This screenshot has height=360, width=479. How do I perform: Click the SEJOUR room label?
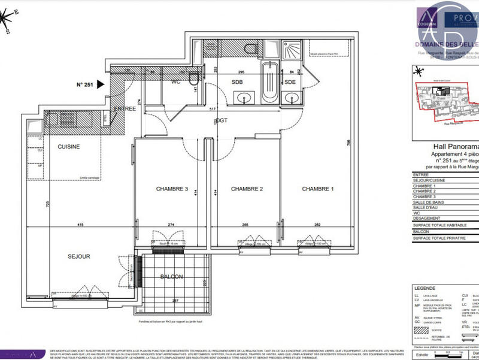78,256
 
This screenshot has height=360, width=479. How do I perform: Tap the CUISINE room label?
69,146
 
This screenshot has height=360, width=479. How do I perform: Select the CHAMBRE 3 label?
172,189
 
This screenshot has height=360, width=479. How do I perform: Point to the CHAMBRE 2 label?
247,189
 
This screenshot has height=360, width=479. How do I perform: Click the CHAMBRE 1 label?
318,189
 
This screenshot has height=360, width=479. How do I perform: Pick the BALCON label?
172,277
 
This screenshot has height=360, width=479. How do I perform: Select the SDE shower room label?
290,82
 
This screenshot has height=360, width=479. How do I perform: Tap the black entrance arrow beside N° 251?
101,84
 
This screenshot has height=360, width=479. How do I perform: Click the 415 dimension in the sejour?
80,225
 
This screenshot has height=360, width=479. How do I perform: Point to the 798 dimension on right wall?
347,142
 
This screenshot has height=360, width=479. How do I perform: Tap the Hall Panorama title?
454,146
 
